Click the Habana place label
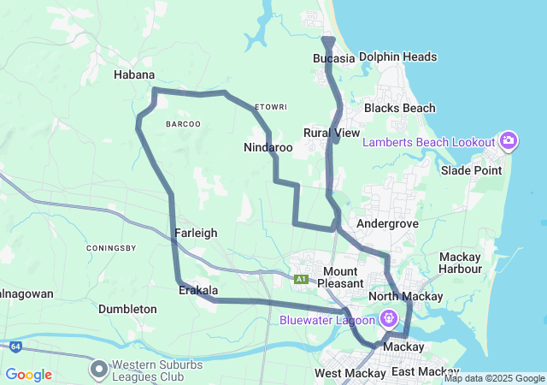(134, 74)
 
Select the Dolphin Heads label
(397, 57)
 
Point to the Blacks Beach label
(399, 108)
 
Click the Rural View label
(332, 133)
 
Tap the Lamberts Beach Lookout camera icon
(509, 141)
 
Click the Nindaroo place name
(268, 147)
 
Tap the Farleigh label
(196, 233)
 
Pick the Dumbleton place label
(127, 308)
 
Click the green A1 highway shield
(301, 279)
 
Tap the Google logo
(28, 375)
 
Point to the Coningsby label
(112, 248)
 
